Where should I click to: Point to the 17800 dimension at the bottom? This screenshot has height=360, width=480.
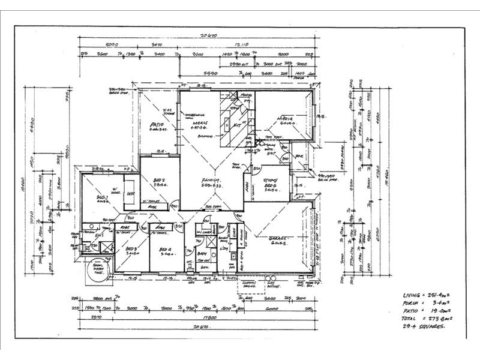tap(209, 317)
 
